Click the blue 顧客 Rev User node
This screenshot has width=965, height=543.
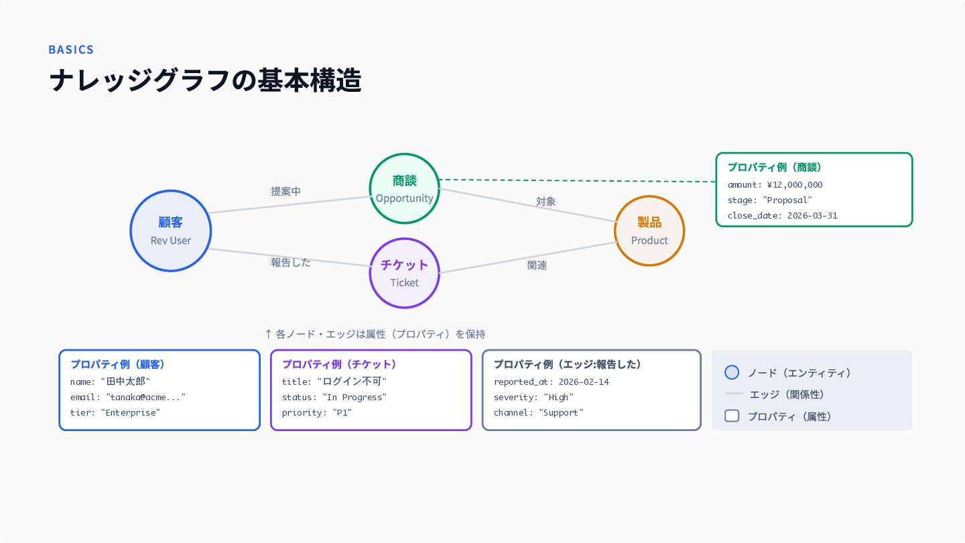171,231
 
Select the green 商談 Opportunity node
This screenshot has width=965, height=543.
405,188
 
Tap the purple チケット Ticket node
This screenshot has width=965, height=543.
405,274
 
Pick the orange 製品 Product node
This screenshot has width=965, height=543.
649,231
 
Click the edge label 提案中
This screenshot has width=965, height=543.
285,191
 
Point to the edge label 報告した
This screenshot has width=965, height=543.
291,263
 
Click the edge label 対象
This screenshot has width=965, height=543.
545,201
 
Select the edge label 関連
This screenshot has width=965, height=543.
537,265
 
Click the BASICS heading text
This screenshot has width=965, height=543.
71,50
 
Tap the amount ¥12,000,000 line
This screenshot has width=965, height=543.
775,185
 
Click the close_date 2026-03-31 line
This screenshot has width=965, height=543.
782,215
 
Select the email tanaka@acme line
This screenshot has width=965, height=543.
128,397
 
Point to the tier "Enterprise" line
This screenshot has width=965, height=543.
115,412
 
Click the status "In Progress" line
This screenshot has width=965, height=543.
334,397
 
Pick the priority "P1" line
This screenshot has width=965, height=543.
316,412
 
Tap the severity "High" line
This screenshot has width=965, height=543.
533,397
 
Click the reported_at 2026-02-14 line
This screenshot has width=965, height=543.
552,381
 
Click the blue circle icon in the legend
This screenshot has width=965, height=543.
732,372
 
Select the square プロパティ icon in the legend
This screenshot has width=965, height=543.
732,416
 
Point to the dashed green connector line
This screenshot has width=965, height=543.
578,180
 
